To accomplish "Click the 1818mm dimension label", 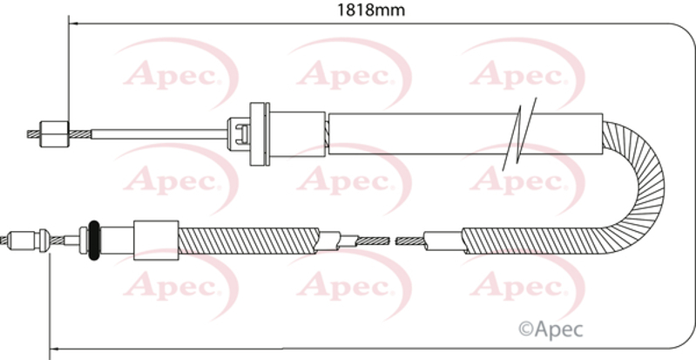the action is click(x=371, y=10).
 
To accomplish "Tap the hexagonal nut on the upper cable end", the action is click(x=55, y=133).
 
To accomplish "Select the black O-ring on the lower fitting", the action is click(x=94, y=241).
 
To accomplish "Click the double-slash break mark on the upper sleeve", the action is click(x=519, y=134).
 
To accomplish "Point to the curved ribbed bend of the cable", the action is click(x=645, y=187).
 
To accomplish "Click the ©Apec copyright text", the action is click(x=551, y=329).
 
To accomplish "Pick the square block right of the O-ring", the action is click(x=156, y=240).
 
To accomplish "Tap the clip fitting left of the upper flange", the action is click(x=239, y=133).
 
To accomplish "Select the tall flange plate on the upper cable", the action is click(x=260, y=133).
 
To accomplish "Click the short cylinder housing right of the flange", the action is click(x=297, y=133).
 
